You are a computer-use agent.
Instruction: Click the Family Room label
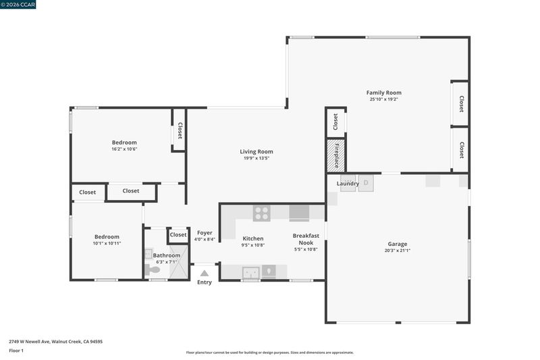pos(383,93)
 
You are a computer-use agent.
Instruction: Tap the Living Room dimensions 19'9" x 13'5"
pos(256,159)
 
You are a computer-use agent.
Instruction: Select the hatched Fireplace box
pos(335,155)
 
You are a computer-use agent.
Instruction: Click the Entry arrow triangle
pos(205,273)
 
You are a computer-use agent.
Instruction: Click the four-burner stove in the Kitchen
pos(262,213)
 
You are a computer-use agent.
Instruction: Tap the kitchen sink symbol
pos(250,272)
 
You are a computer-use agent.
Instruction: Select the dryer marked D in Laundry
pos(366,183)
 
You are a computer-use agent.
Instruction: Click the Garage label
pos(398,244)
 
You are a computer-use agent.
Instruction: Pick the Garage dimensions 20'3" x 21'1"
pos(398,251)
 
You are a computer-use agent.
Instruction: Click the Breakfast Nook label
pos(306,239)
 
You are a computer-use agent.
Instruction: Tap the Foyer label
pos(205,233)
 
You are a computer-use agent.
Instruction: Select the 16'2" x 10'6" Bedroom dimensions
pos(124,149)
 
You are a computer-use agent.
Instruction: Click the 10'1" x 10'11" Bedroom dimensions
pos(107,244)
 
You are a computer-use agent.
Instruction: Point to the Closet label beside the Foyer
pos(178,234)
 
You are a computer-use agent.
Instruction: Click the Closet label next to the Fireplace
pos(335,122)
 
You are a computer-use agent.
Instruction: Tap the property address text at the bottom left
pos(56,342)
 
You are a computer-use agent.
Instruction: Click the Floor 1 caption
pos(16,351)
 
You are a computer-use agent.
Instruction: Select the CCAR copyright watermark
pos(18,4)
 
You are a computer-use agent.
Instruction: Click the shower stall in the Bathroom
pos(179,262)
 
